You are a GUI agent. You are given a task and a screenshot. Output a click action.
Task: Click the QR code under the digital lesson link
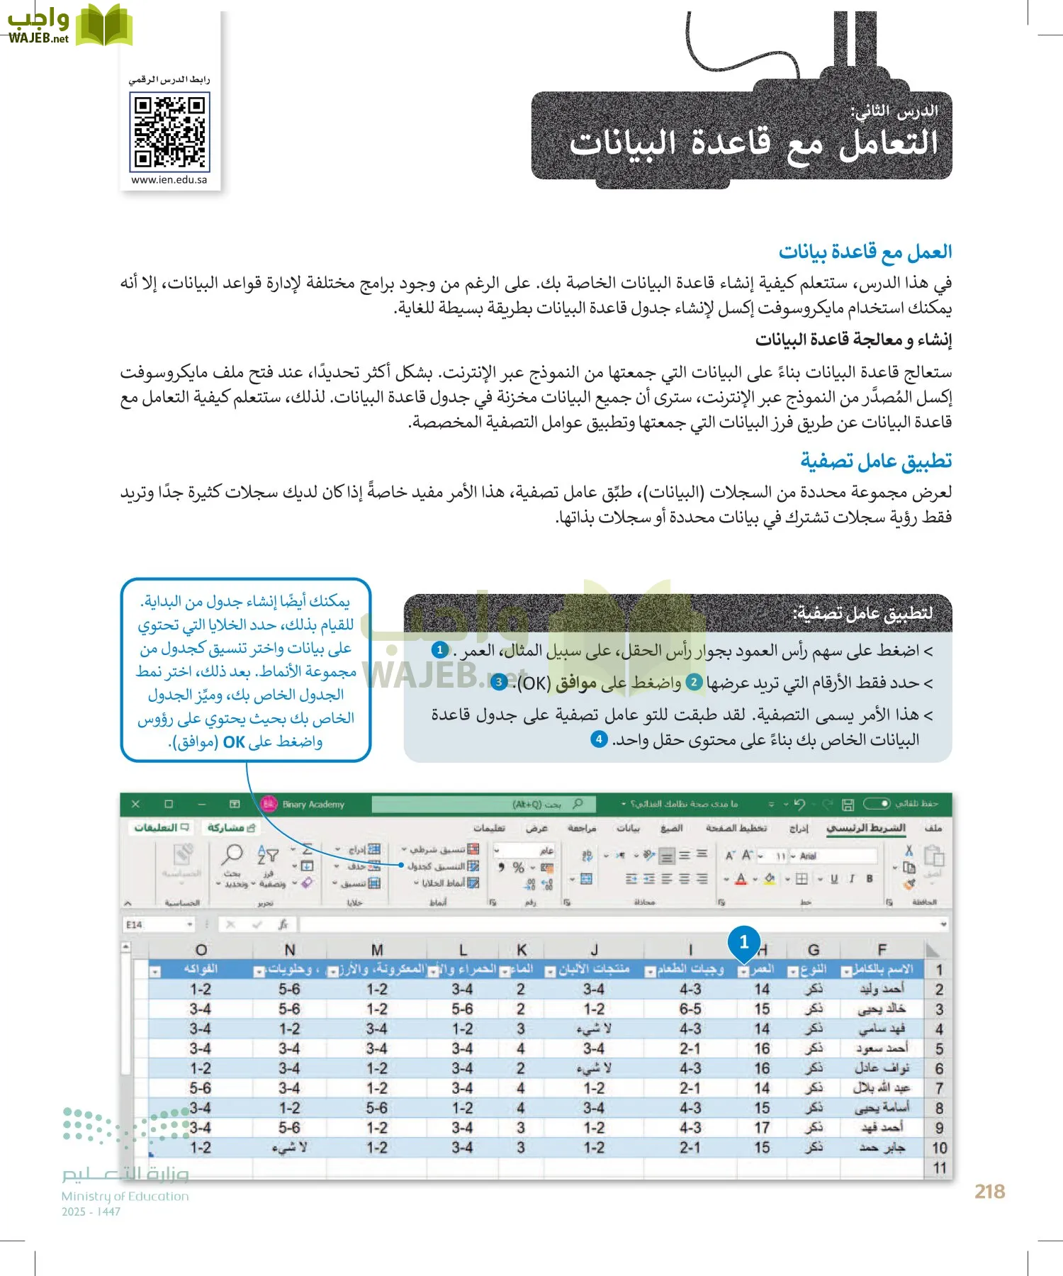tap(169, 133)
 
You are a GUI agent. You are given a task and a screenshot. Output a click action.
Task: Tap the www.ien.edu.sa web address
tap(169, 180)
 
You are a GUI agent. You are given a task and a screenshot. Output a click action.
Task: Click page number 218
tap(989, 1192)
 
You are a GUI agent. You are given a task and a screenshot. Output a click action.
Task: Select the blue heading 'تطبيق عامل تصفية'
tap(876, 461)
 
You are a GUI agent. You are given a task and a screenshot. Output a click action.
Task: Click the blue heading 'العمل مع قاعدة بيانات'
tap(865, 252)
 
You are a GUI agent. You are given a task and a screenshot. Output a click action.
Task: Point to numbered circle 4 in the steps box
tap(599, 739)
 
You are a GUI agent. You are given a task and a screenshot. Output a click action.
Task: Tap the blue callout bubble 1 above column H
tap(743, 942)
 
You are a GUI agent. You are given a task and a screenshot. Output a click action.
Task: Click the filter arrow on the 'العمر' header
tap(743, 971)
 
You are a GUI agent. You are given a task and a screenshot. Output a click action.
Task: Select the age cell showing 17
tap(762, 1127)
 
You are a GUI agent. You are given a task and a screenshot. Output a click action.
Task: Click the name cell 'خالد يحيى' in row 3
tap(882, 1009)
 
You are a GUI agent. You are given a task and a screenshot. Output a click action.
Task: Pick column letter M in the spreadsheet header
tap(377, 950)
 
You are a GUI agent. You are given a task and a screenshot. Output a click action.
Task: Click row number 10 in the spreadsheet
tap(939, 1148)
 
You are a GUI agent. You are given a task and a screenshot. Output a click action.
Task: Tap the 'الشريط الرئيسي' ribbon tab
tap(866, 828)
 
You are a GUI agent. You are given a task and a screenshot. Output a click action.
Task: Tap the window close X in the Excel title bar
tap(136, 804)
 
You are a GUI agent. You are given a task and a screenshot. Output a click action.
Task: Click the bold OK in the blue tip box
tap(234, 742)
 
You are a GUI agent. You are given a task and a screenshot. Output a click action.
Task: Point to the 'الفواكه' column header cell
tap(200, 969)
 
